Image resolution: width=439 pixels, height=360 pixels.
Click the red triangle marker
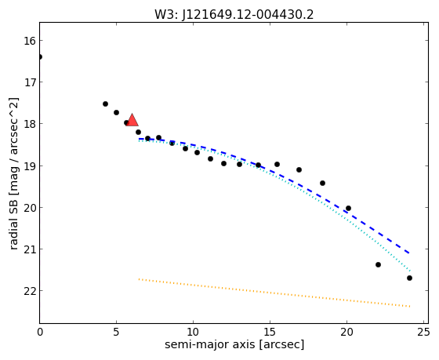132,120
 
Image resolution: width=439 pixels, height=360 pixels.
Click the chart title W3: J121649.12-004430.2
234,14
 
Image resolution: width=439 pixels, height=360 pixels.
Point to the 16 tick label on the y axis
30,41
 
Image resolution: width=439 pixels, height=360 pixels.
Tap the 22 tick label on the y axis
30,291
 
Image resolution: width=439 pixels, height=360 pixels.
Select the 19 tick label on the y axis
30,165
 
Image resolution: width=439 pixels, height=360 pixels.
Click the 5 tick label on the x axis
116,332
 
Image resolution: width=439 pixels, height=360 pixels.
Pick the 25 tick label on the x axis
423,332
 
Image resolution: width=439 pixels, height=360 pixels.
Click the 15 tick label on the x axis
270,332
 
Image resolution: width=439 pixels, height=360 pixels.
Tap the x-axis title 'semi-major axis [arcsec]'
234,344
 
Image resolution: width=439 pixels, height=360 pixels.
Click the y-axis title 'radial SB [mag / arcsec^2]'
14,173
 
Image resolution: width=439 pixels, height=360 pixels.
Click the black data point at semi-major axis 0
40,57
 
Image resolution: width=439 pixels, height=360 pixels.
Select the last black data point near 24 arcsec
409,278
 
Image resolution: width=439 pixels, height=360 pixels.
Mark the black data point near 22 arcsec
378,264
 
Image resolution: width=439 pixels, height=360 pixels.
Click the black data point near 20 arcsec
348,208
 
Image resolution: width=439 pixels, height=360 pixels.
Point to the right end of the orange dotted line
410,307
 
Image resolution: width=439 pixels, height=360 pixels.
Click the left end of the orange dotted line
139,279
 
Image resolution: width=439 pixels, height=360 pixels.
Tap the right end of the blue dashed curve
409,253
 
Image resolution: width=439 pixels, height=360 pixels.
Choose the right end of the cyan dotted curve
410,271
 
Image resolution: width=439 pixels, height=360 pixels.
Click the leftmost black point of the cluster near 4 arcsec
105,104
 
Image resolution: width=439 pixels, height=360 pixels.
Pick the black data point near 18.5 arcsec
322,183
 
